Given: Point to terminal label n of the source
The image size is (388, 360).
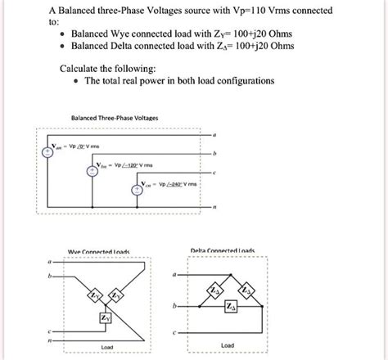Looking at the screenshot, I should tap(214, 208).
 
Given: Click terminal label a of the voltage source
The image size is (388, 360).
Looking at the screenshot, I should tap(214, 135).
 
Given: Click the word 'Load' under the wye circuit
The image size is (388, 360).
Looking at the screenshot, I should tap(107, 347).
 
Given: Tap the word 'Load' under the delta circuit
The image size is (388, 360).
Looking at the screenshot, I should tap(229, 344).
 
